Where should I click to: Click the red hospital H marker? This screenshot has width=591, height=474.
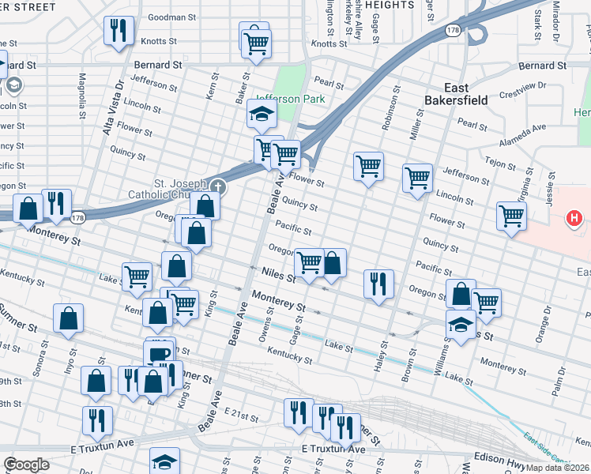point(575,217)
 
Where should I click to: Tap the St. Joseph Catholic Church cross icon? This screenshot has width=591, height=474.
point(217,187)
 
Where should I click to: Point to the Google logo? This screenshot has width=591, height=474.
point(26,465)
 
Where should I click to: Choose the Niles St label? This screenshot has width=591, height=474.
point(278,276)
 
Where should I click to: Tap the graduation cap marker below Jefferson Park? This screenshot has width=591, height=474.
point(262,115)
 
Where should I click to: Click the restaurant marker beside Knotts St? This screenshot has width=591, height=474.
point(119,31)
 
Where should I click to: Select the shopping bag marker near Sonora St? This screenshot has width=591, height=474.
point(69,319)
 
